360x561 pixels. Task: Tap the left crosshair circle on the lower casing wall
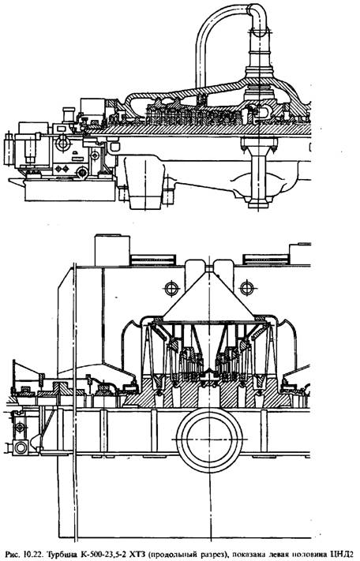[172, 288]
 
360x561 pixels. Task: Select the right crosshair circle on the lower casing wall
[246, 288]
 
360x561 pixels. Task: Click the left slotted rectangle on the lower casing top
[153, 259]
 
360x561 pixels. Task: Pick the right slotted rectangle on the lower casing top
[265, 259]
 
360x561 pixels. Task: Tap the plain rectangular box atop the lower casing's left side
[112, 250]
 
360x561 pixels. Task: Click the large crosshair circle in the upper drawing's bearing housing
[63, 142]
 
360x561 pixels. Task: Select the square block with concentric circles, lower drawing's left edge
[21, 447]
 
